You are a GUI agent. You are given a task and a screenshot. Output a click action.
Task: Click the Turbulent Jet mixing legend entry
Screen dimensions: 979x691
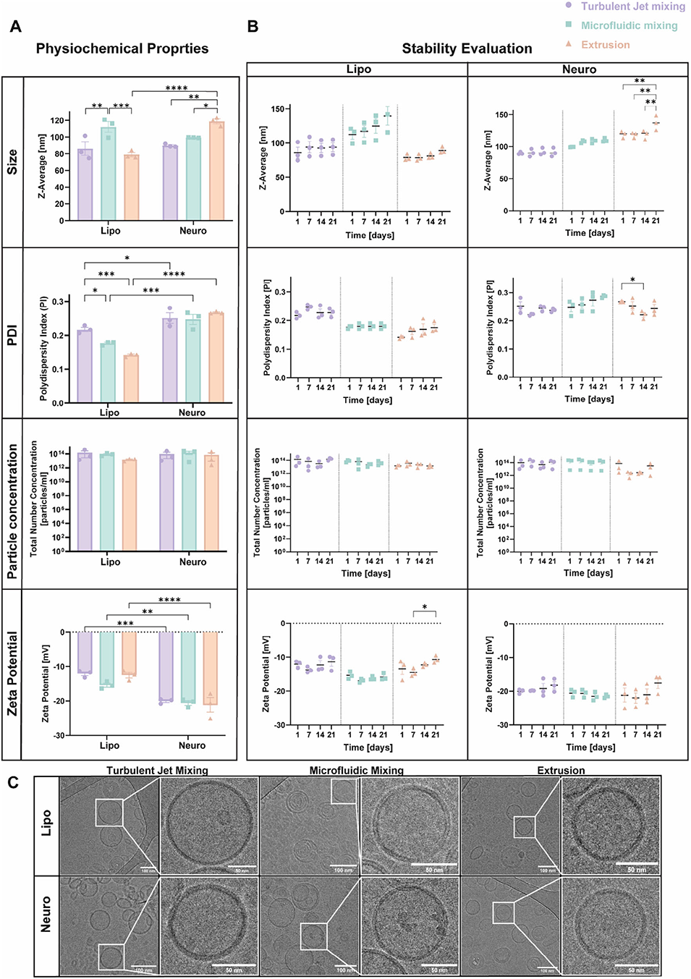[632, 7]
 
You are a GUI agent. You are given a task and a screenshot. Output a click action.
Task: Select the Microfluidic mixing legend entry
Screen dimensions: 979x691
[629, 25]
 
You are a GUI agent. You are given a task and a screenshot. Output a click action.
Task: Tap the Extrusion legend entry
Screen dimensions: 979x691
[605, 45]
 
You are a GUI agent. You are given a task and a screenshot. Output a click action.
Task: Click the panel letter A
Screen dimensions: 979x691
[15, 27]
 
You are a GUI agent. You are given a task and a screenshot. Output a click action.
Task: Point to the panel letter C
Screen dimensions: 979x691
[13, 783]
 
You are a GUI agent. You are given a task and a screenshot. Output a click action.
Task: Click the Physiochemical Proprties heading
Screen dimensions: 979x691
[122, 48]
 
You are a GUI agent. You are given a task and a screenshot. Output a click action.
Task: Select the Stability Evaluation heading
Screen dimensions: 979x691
[467, 48]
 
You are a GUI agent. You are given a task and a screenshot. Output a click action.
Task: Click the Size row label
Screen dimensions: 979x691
[12, 161]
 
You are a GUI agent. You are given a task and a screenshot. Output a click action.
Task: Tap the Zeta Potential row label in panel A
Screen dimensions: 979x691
[12, 674]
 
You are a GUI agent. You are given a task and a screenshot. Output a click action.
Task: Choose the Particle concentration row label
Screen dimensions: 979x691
[12, 511]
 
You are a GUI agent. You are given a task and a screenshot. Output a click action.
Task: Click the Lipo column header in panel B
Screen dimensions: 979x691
[358, 69]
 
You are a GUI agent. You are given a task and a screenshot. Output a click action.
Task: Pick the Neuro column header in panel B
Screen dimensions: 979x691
[579, 69]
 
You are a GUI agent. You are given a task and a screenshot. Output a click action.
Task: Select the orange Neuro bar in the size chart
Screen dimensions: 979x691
[216, 171]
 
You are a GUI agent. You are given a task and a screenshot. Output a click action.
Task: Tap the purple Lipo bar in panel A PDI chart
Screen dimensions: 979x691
[85, 365]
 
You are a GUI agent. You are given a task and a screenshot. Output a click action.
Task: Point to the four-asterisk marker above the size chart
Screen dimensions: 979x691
[176, 88]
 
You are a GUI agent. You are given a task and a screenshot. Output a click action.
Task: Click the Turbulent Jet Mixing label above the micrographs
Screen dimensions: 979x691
[157, 771]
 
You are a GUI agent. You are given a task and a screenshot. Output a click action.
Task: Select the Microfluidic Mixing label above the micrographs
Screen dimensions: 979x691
[356, 771]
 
